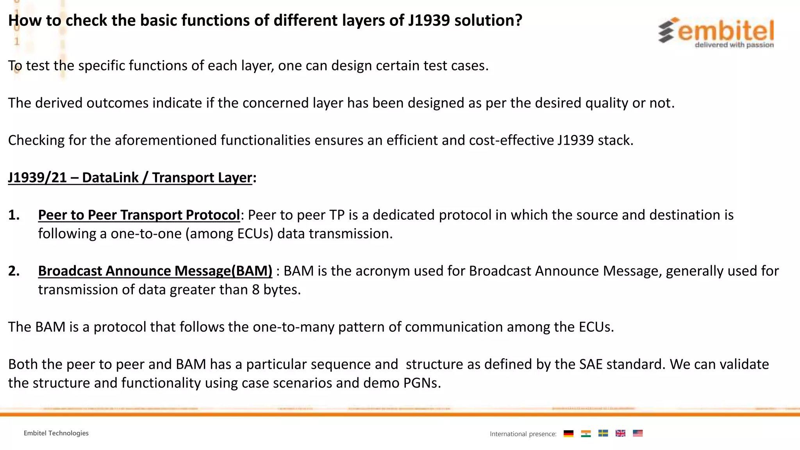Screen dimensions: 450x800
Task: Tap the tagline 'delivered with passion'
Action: point(734,45)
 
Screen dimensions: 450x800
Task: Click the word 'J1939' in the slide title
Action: point(429,20)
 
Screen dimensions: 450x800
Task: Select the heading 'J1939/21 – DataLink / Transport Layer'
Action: point(130,178)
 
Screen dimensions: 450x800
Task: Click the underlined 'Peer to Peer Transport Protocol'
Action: point(139,215)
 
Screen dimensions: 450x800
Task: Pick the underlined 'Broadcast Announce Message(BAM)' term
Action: point(155,271)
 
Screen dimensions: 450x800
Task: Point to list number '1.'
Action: point(14,215)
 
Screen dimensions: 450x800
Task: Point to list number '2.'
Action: point(14,271)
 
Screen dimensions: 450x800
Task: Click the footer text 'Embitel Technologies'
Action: point(56,433)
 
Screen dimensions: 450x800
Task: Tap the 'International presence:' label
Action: point(523,434)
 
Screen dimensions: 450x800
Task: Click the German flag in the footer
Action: point(569,433)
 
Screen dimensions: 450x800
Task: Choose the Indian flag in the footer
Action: point(586,433)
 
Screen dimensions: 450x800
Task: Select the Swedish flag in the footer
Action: point(603,433)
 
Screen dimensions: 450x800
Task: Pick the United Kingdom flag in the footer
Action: point(620,433)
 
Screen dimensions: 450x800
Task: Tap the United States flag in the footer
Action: point(637,433)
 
